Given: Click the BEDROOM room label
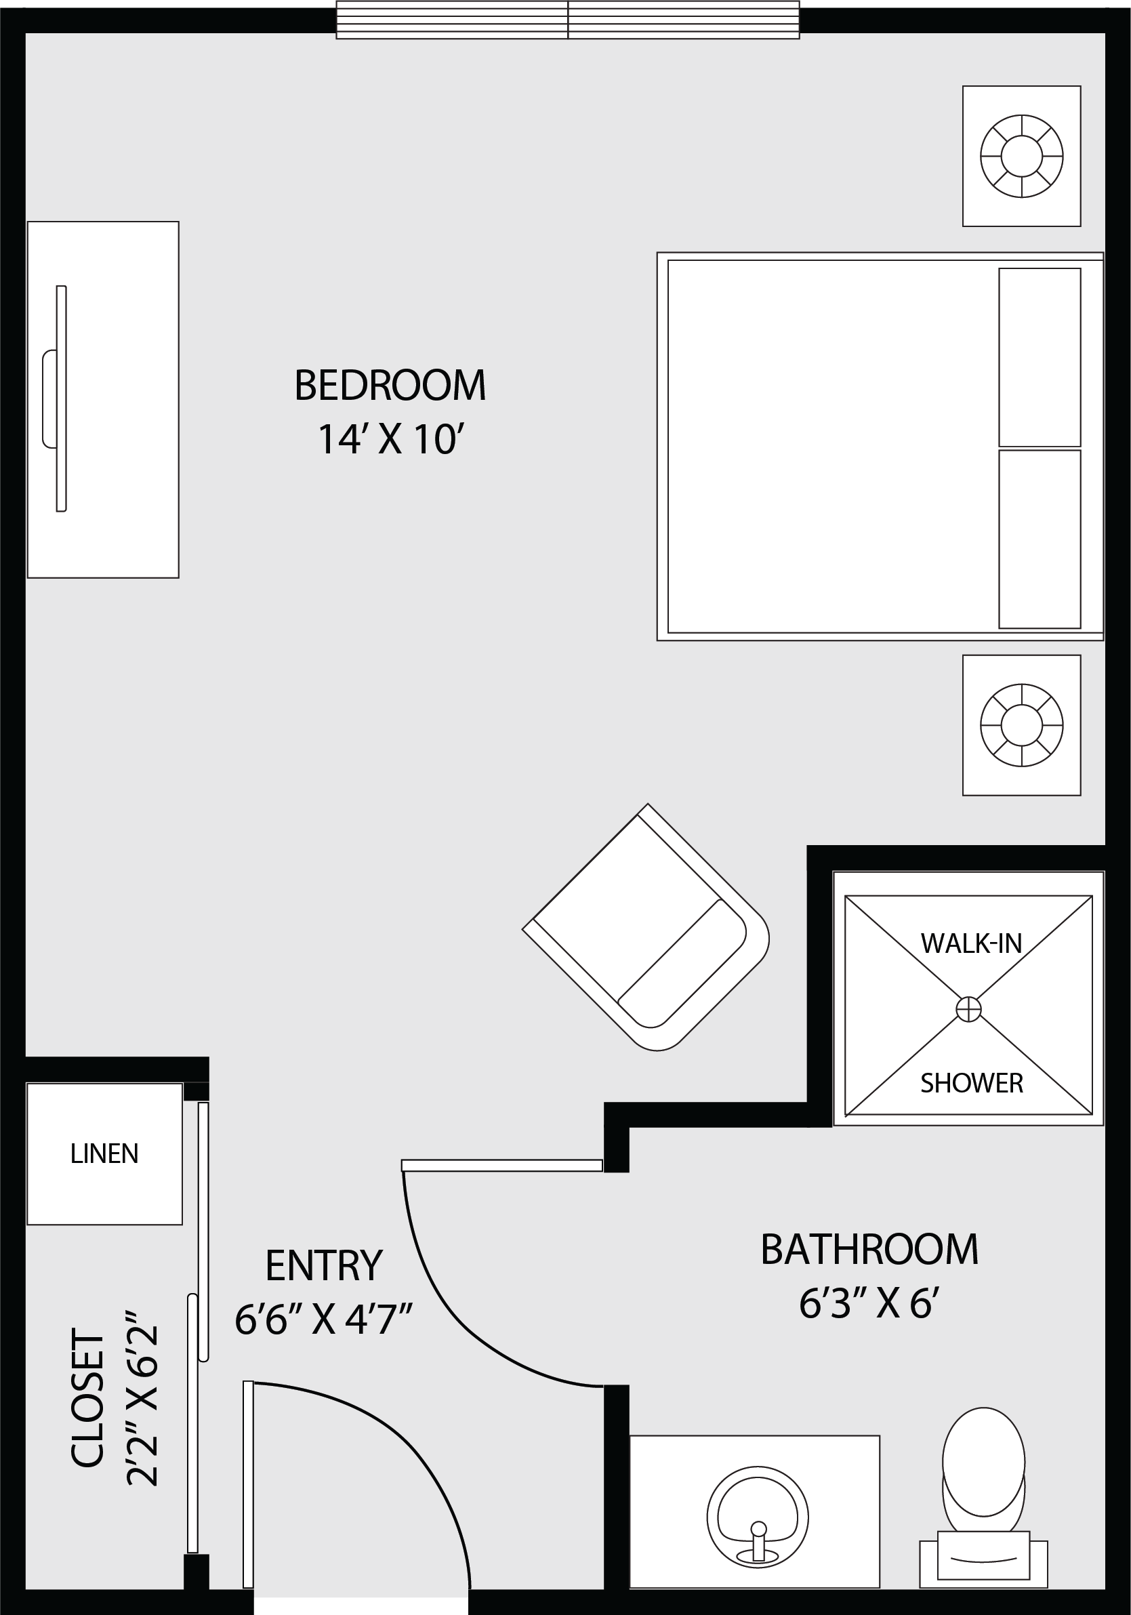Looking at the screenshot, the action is coord(390,386).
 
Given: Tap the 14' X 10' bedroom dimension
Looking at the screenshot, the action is coord(392,440).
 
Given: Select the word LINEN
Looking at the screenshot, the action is coord(104,1153).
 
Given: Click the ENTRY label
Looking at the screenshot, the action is coord(323,1265).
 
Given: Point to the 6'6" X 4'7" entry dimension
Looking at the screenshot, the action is coord(323,1320).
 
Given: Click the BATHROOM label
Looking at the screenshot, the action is coord(869,1250).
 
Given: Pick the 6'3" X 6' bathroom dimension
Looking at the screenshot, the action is coord(870,1305).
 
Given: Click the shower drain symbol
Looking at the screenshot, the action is coord(968,1009).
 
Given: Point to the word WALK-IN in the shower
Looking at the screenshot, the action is coord(971,944).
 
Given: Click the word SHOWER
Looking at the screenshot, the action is coord(971,1083).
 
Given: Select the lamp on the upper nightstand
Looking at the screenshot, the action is coord(1021,155).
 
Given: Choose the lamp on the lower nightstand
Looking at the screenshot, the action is coord(1021,724).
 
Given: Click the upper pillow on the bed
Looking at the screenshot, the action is coord(1040,357).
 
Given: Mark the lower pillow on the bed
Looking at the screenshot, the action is coord(1040,539).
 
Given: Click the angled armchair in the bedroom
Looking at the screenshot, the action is coord(646,927).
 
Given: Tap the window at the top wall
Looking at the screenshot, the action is coord(568,20).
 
